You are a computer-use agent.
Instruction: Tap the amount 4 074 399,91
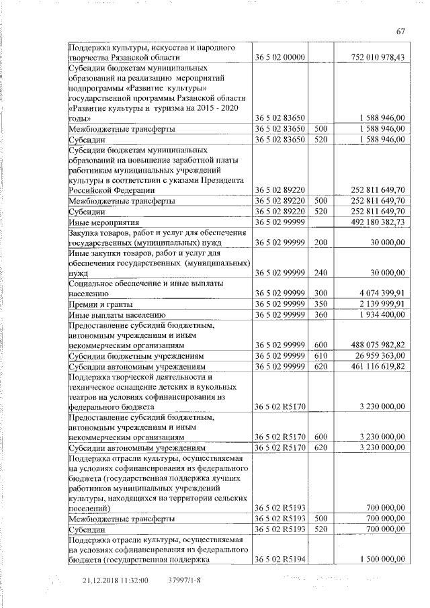(380, 294)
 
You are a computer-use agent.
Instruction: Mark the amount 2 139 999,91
(380, 304)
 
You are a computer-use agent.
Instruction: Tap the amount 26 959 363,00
(380, 355)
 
